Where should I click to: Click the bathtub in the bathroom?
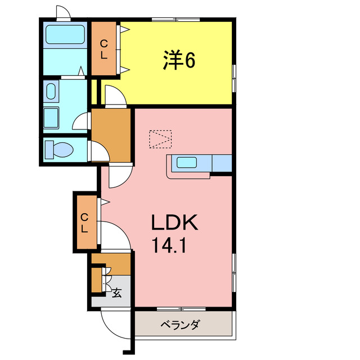(64, 35)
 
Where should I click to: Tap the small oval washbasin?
(51, 91)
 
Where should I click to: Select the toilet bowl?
(60, 150)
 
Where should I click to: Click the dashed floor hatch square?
(160, 138)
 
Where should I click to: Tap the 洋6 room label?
(179, 61)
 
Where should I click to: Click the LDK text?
(174, 223)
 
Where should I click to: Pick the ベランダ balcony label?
(181, 325)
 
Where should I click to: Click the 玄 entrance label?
(117, 292)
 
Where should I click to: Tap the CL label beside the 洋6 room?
(104, 49)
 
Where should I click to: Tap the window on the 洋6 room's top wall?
(175, 20)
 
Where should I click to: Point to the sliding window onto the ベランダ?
(182, 309)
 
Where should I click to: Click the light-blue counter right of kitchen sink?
(222, 163)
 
